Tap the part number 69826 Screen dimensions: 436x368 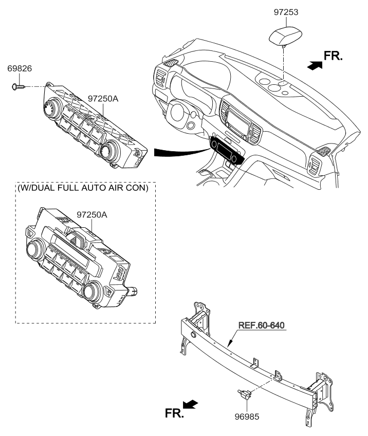(x=19, y=68)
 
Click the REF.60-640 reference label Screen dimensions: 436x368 (x=262, y=325)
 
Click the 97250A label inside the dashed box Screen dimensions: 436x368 (x=92, y=215)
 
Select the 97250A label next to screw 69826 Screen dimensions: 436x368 (x=103, y=98)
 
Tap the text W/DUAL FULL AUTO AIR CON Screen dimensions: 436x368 (x=83, y=188)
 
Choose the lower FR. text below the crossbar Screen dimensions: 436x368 (x=174, y=412)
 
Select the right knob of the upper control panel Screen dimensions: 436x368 (x=109, y=150)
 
